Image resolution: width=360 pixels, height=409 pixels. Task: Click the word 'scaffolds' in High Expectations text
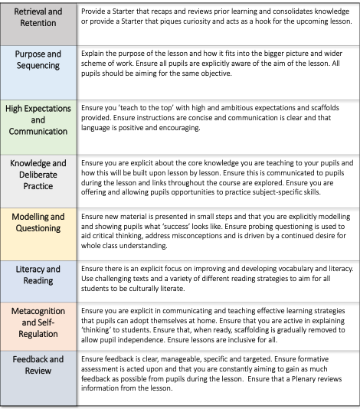(x=324, y=110)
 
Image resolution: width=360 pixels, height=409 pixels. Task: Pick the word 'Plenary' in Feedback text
(x=286, y=385)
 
